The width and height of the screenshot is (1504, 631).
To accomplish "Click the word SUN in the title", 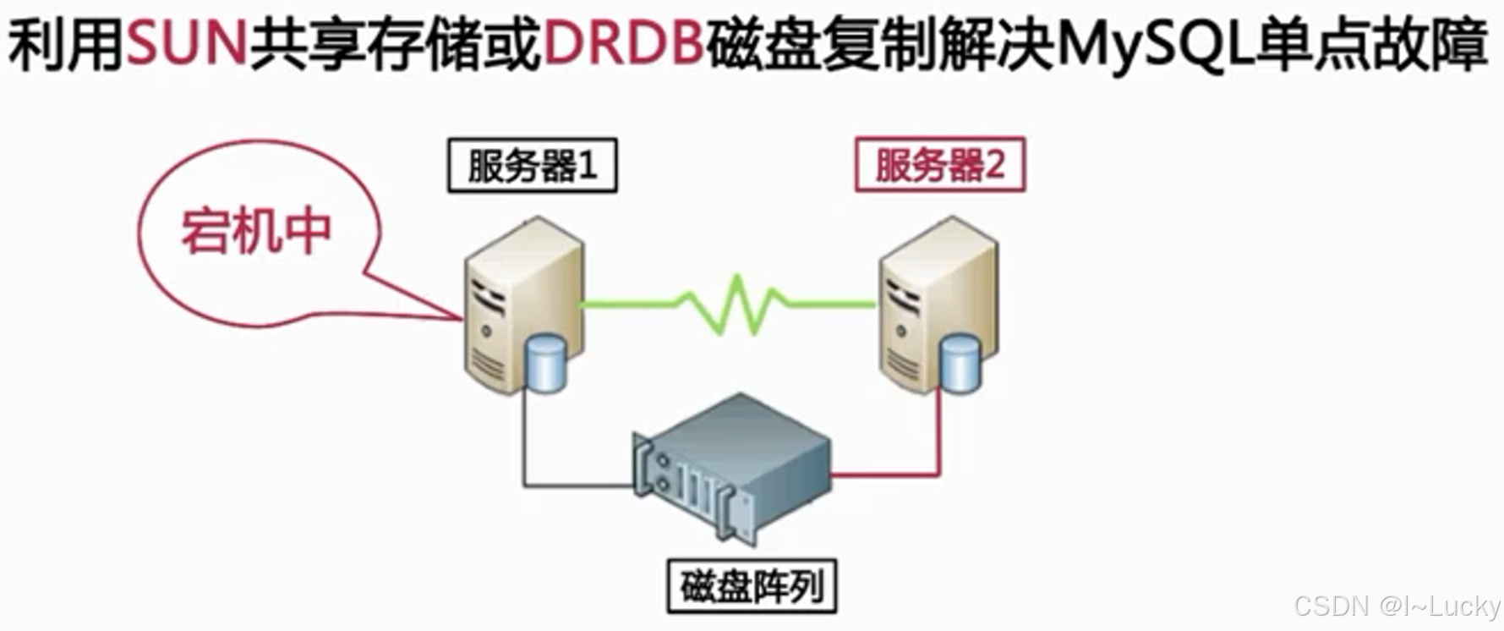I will (x=186, y=44).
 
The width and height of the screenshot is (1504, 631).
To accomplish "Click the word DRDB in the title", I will (x=624, y=44).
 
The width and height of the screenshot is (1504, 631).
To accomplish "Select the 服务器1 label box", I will (x=533, y=166).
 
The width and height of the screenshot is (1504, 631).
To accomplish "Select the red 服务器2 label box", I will (x=940, y=165).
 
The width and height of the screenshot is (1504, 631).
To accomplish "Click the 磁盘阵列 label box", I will (x=752, y=585).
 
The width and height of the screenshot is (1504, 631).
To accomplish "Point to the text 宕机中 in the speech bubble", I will (x=256, y=231).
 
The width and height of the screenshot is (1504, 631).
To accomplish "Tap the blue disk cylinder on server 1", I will (x=545, y=364).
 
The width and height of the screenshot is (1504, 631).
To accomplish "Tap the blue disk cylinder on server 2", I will (x=960, y=364).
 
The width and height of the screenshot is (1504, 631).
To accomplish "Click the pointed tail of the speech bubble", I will (x=423, y=305).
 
